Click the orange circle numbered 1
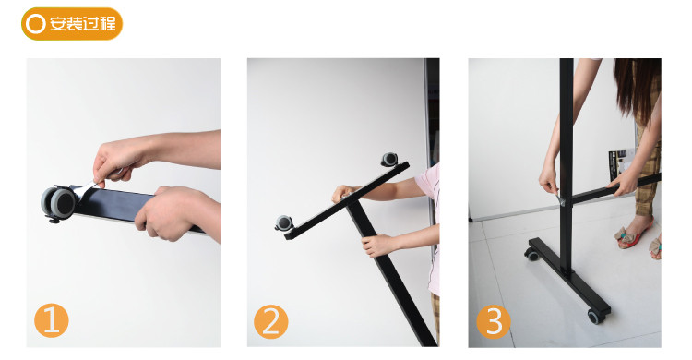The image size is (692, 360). click(x=51, y=320)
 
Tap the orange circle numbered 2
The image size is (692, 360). click(x=270, y=322)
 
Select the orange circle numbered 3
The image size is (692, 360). click(x=494, y=321)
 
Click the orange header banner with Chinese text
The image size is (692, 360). click(x=72, y=24)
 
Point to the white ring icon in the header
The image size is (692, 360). click(x=35, y=24)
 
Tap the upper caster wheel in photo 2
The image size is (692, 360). click(x=389, y=160)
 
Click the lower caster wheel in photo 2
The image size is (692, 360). click(x=283, y=223)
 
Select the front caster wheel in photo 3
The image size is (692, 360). click(x=594, y=317)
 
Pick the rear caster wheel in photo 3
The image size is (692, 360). click(x=531, y=254)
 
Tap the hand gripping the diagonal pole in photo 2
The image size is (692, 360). click(x=376, y=246)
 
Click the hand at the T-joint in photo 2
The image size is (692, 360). click(x=343, y=193)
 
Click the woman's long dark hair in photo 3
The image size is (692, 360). click(x=636, y=89)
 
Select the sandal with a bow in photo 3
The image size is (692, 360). click(x=632, y=234)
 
